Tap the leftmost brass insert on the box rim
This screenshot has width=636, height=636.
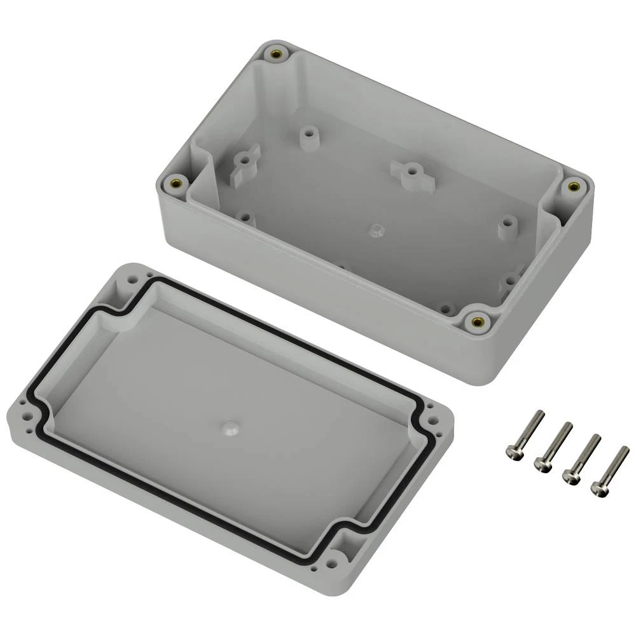pos(176,185)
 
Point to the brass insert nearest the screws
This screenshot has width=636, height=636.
pos(477,321)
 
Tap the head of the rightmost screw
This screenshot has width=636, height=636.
pos(599,488)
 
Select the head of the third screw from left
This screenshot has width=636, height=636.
pos(570,476)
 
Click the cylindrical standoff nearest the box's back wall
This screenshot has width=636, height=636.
pos(309,135)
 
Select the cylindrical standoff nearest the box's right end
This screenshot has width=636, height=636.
pos(507,225)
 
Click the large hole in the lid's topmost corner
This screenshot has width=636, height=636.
pos(135,279)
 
